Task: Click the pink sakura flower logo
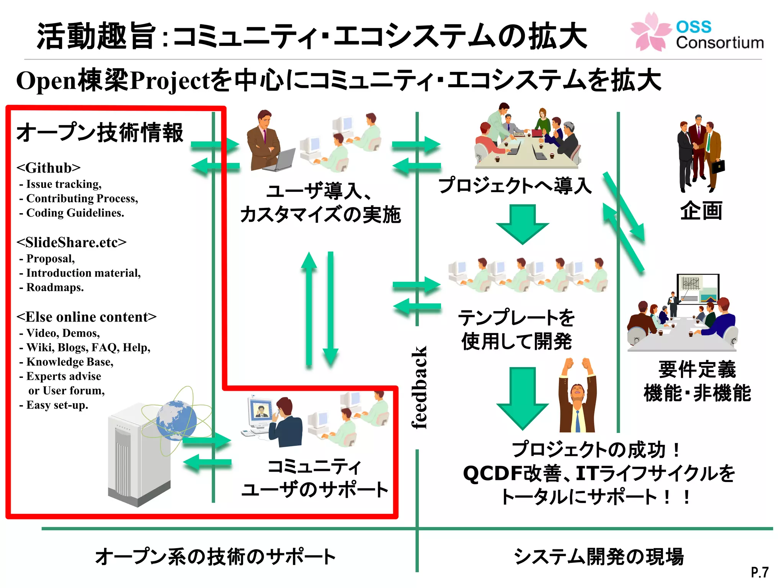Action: pos(650,31)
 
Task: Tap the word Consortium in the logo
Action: pos(719,42)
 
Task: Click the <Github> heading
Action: pos(49,168)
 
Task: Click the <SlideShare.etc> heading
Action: pos(71,242)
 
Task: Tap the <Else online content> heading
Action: pos(87,317)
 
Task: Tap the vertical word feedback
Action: pos(419,387)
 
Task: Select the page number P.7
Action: pos(759,572)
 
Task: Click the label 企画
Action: pos(701,211)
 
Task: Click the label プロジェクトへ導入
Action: pos(515,186)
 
